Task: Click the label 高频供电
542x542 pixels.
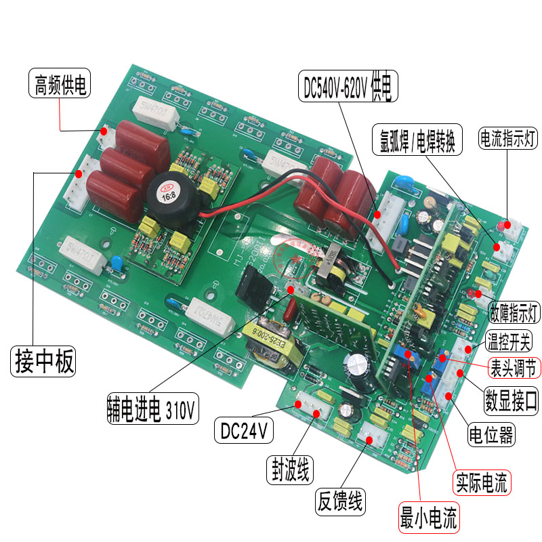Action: [x=61, y=87]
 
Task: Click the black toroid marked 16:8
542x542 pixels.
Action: [x=173, y=195]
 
